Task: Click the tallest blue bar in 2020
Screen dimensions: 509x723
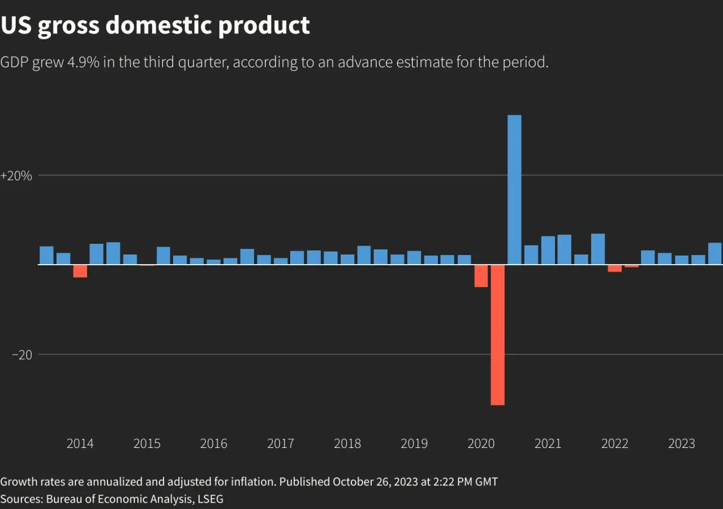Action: pyautogui.click(x=514, y=189)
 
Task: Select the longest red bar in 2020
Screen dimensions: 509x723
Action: pyautogui.click(x=497, y=334)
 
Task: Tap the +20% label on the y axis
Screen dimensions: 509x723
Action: pyautogui.click(x=16, y=176)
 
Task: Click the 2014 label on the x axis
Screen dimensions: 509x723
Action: pyautogui.click(x=80, y=443)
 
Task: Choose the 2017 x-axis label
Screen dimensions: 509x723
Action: pyautogui.click(x=281, y=443)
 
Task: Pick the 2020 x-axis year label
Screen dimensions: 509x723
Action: pyautogui.click(x=481, y=443)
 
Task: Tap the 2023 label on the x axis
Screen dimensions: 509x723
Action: pyautogui.click(x=682, y=443)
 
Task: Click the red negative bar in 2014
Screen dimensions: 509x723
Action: pyautogui.click(x=80, y=271)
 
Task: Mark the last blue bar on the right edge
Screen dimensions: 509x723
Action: pyautogui.click(x=715, y=253)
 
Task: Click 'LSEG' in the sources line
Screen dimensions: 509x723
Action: pyautogui.click(x=209, y=499)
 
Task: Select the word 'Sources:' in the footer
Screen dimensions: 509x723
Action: pyautogui.click(x=21, y=499)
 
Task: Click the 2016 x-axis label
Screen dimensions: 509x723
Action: pyautogui.click(x=214, y=443)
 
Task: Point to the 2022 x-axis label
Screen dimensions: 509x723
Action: pyautogui.click(x=615, y=443)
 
